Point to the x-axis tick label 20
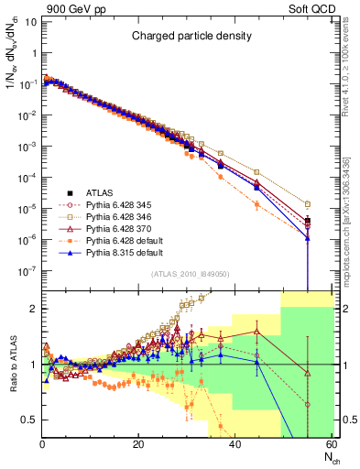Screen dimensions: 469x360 138,444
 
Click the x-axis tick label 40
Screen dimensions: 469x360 235,444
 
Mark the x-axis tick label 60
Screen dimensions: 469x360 330,444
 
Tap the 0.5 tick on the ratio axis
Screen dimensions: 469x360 30,420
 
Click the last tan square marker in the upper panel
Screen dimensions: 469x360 308,204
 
